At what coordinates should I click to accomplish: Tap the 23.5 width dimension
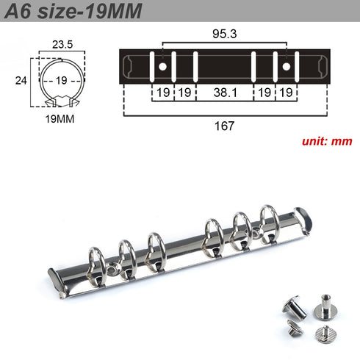62,44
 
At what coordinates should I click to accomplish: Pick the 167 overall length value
224,126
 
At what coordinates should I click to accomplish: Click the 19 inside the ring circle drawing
62,81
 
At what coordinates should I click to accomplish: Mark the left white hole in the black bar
162,67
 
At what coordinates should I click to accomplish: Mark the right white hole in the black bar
287,67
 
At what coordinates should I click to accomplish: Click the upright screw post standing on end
323,303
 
